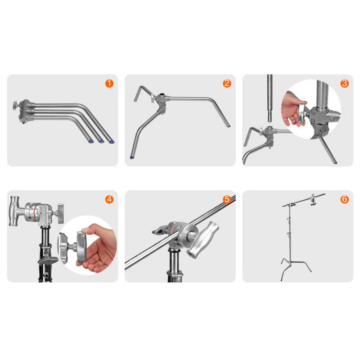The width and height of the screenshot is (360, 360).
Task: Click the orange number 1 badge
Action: pos(109,83)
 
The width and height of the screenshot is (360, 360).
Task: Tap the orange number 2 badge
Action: pos(227,83)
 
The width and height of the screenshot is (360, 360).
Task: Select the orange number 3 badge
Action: pos(344,83)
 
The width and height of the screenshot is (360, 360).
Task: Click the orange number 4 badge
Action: pos(109,199)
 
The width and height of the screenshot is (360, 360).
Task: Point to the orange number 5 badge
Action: pos(227,199)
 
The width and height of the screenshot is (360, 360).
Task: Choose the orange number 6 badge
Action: pos(344,199)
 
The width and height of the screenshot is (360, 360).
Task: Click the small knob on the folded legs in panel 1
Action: pos(16,106)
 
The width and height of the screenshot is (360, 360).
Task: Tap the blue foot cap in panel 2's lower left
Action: pos(132,157)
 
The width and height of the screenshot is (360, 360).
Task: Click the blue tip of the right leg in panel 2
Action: pos(229,126)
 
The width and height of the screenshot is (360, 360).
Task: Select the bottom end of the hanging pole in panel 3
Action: pos(270,121)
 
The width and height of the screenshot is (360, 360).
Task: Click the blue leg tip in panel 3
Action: pos(335,162)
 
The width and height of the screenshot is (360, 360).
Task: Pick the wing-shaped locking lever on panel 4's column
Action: pos(48,260)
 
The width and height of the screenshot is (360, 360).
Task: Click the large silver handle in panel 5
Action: pos(202,240)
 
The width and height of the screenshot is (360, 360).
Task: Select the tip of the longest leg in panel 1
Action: pos(112,142)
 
